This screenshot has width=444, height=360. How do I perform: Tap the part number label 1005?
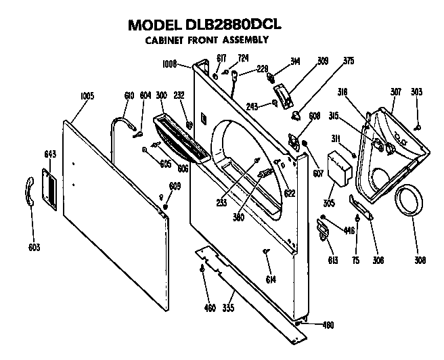[x=87, y=96]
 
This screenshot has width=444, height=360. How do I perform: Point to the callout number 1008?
[x=171, y=65]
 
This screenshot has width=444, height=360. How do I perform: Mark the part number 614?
[x=271, y=279]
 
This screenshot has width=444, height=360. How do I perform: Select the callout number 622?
[x=290, y=192]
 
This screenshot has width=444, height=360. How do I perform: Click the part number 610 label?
[x=129, y=96]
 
